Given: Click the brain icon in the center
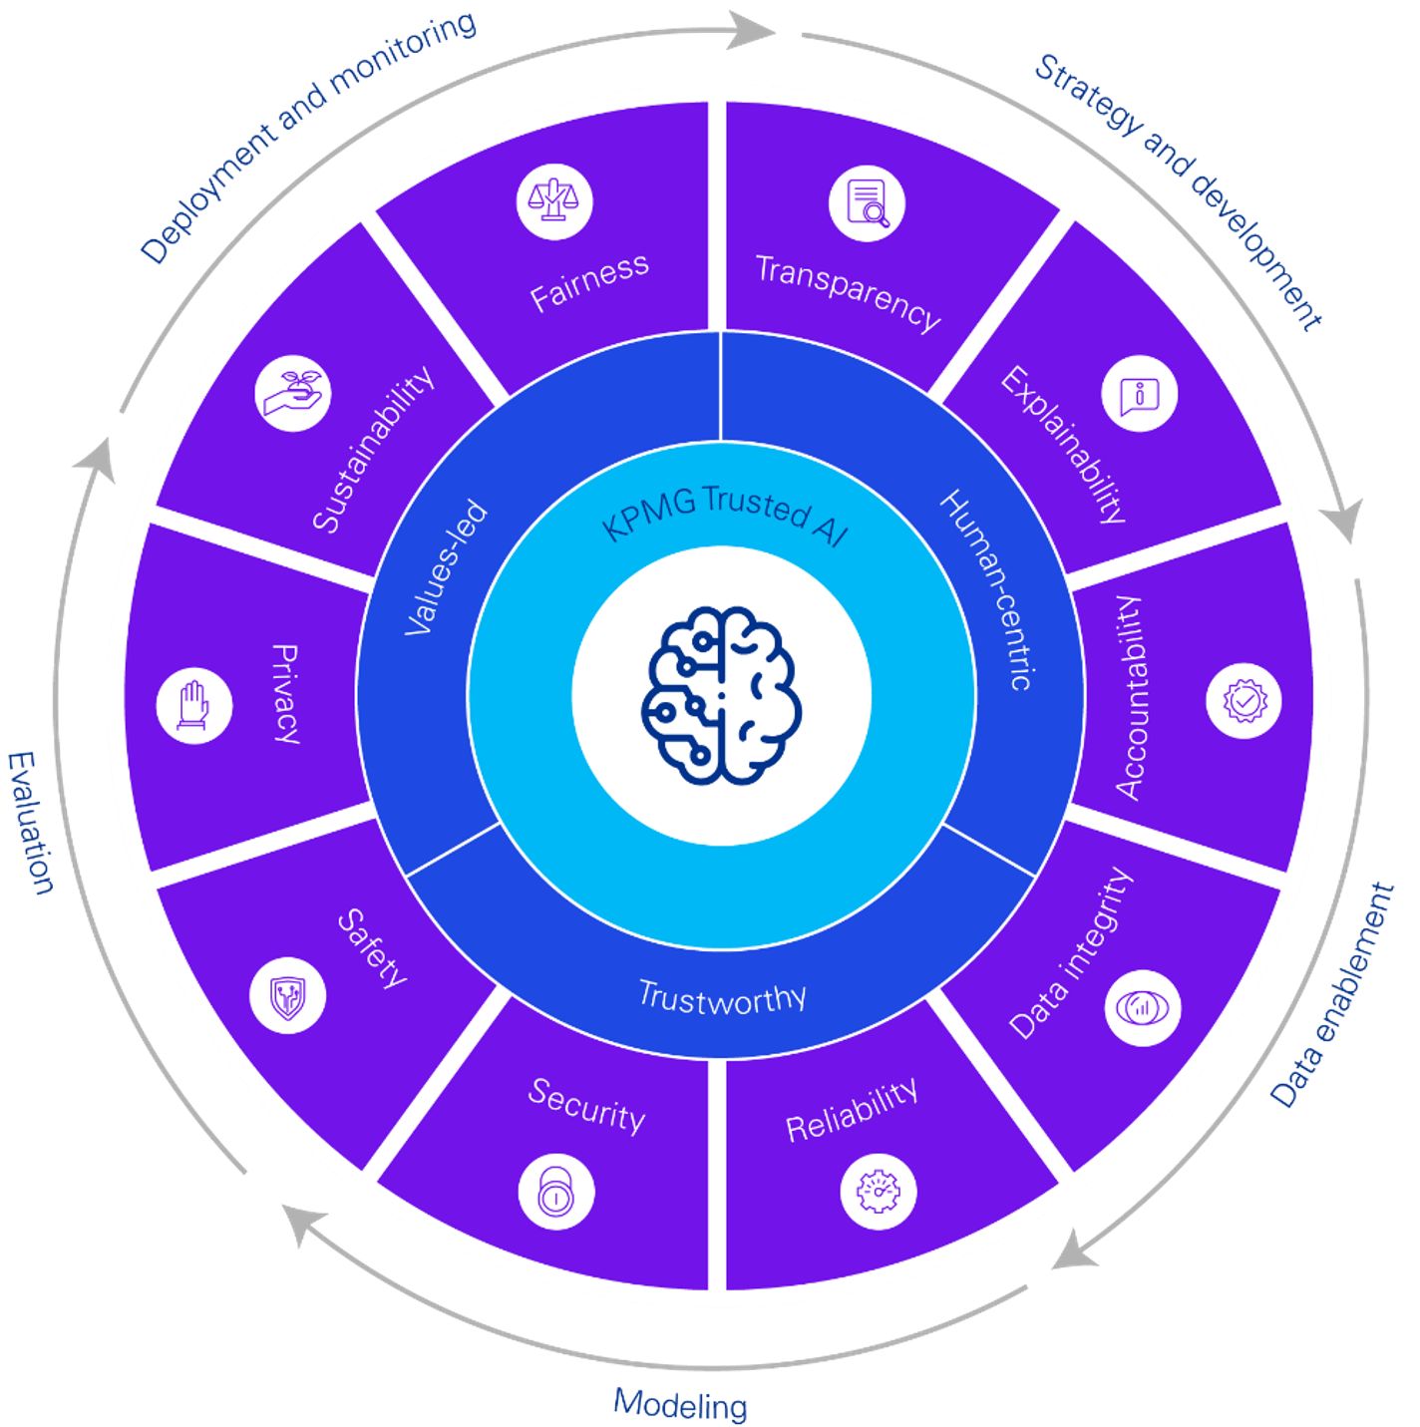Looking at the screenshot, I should pos(721,694).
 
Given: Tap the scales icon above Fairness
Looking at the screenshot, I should pos(554,201).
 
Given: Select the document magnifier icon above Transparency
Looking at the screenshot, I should pos(867,203).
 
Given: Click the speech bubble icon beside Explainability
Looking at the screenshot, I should pos(1139,394).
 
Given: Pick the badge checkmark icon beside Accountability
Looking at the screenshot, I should pos(1243,700).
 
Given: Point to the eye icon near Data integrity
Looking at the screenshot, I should pos(1143,1007).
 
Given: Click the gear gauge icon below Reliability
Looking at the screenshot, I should pos(878,1191).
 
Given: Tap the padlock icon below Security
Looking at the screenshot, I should pos(556,1193).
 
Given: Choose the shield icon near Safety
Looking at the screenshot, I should pos(287,994).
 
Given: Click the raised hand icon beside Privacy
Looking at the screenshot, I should pos(194,706).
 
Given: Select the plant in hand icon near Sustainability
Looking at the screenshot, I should pos(293,393).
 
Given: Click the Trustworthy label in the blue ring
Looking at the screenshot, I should pos(722,996).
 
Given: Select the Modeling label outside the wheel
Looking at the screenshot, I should pos(680,1403).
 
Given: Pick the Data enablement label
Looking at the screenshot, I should pos(1333,994).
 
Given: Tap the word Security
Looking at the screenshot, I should pos(586,1105).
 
